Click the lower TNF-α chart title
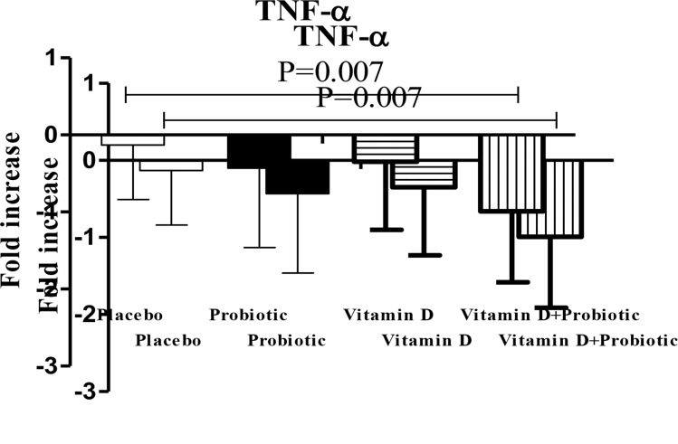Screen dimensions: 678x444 (x=348, y=37)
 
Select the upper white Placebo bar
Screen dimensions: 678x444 (x=132, y=139)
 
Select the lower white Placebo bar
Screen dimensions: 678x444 (x=171, y=165)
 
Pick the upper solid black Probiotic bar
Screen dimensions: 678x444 (x=258, y=151)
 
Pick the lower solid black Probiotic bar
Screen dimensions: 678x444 (x=297, y=176)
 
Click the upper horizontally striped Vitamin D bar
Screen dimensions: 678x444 (x=384, y=147)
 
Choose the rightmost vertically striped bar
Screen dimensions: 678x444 (x=550, y=199)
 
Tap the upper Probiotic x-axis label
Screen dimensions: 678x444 (x=248, y=316)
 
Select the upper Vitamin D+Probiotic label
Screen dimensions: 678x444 (x=550, y=316)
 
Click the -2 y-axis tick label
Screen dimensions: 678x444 (x=87, y=314)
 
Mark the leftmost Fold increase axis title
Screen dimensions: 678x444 (x=13, y=209)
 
